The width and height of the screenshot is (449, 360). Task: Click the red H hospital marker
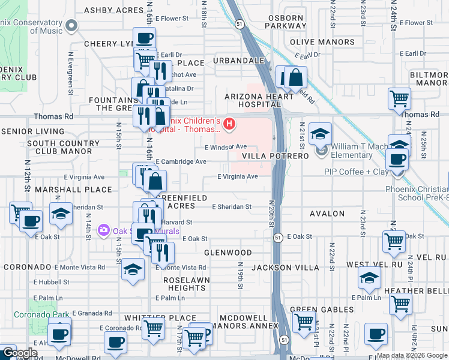pos(229,124)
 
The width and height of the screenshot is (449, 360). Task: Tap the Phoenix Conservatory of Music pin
pos(72,25)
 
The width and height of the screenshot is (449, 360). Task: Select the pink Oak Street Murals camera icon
pos(104,230)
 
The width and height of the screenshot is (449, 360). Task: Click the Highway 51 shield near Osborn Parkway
pos(240,24)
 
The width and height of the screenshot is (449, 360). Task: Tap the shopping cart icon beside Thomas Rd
pos(399,98)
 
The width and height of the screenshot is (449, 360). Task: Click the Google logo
pos(19,353)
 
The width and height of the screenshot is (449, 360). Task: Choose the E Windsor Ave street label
pos(226,146)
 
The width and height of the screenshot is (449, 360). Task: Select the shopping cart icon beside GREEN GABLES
pos(303,324)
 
